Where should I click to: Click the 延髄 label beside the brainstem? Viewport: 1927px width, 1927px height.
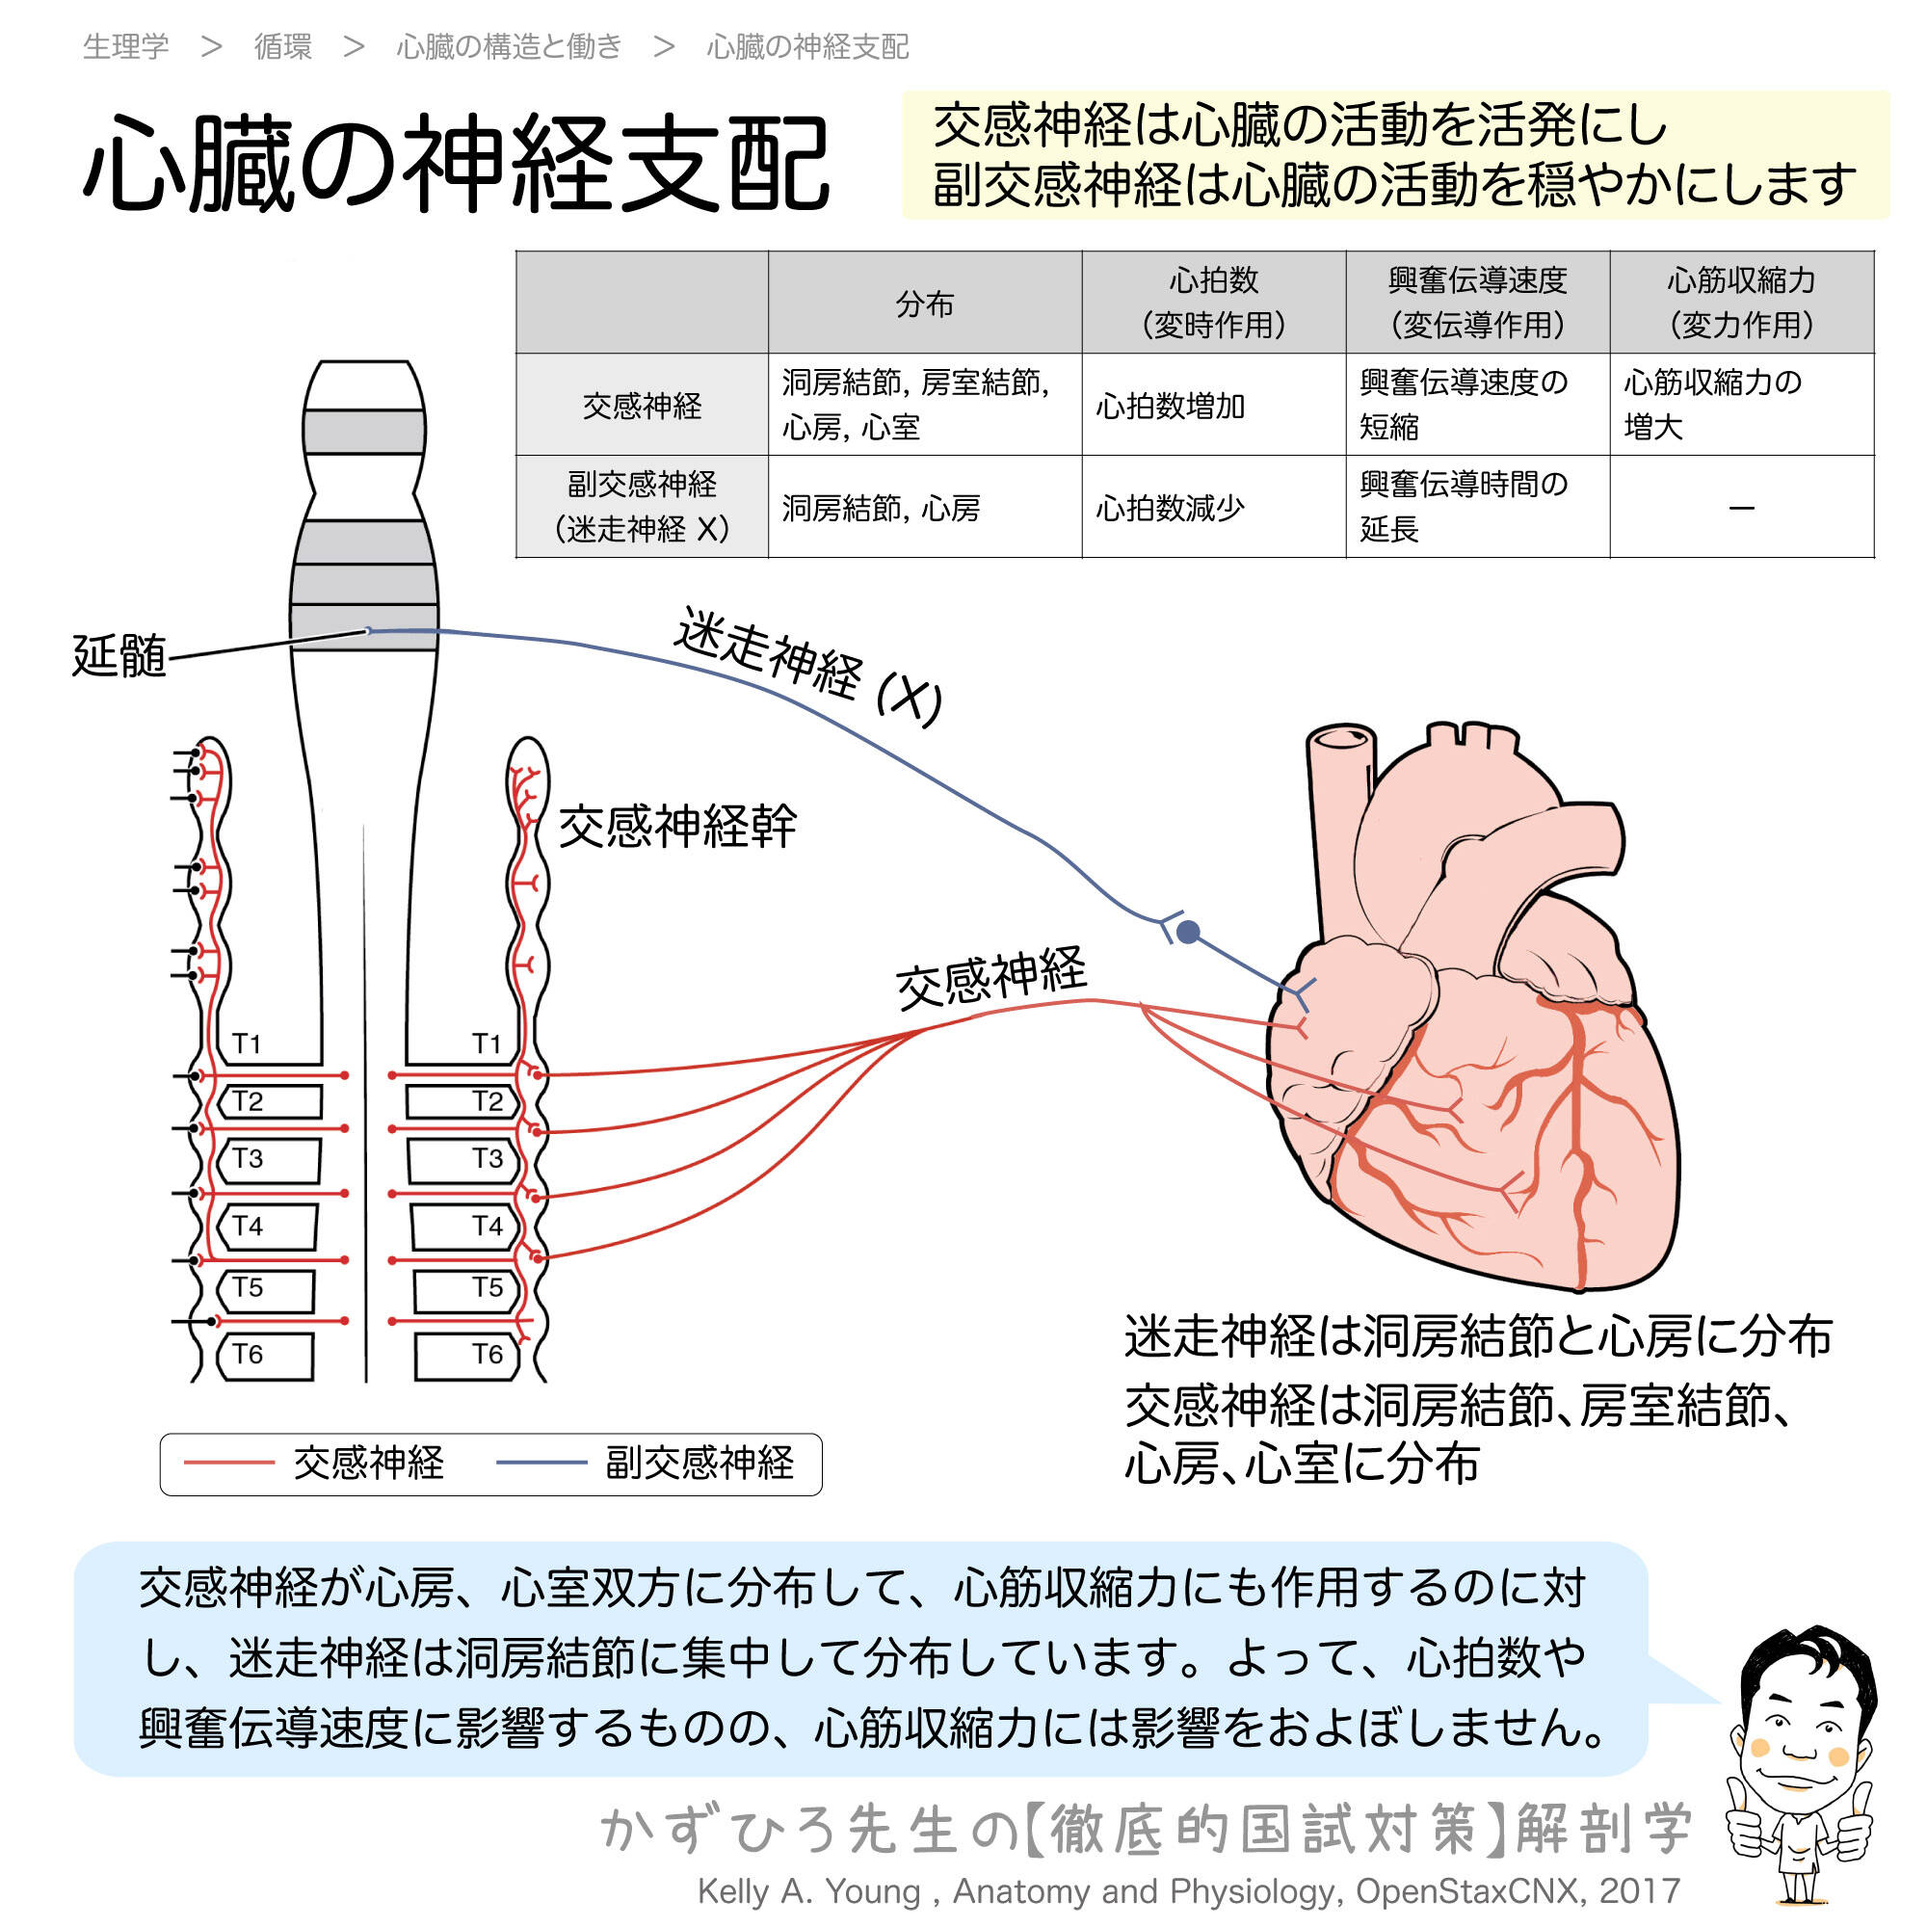pos(119,656)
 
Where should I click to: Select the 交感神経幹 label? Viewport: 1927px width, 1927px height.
pos(677,827)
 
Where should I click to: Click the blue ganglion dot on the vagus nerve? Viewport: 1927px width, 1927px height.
pos(1188,932)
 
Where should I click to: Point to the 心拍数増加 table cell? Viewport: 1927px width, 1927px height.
pos(1170,406)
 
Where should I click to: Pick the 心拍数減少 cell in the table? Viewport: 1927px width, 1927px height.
pos(1170,509)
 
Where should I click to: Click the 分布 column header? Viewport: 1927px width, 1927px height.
pos(924,304)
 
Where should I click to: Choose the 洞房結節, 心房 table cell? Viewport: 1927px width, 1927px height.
pos(881,509)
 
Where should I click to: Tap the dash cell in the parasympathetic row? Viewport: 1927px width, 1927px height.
pos(1741,509)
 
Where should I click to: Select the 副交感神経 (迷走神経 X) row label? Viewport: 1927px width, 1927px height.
pos(642,507)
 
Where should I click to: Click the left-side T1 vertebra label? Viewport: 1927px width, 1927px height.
pos(247,1043)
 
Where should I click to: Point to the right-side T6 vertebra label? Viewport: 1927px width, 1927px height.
pos(487,1355)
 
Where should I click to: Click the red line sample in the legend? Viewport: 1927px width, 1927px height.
pos(229,1464)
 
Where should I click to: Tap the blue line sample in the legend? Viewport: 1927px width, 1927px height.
pos(541,1464)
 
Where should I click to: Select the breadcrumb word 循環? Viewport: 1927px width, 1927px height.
pos(282,47)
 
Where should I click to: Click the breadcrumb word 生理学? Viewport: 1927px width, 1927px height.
pos(125,47)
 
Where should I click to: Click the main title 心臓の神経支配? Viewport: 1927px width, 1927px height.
pos(456,163)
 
